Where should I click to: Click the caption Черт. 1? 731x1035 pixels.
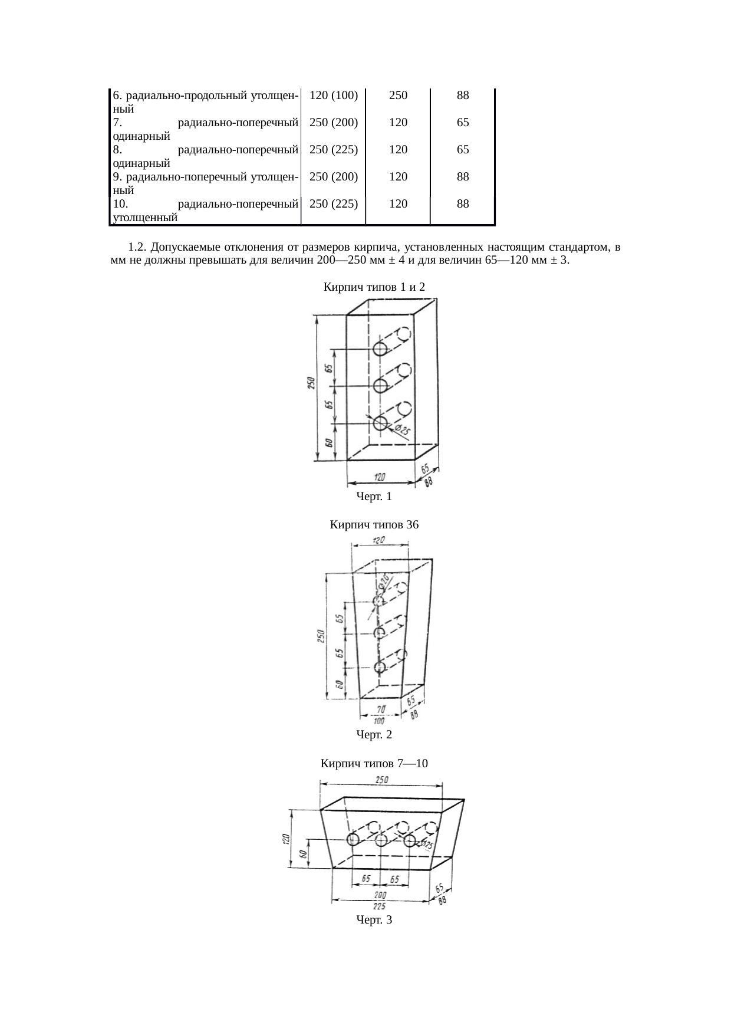tap(374, 497)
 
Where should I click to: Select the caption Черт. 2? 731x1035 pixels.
tap(374, 735)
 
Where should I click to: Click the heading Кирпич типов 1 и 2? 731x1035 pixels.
tap(374, 287)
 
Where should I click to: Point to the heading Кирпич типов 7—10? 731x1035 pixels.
tap(374, 764)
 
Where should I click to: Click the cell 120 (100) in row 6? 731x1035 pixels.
tap(334, 95)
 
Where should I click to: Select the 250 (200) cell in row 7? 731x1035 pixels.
tap(334, 123)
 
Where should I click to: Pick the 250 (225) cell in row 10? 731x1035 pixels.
tap(334, 204)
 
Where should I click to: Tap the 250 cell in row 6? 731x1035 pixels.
tap(399, 95)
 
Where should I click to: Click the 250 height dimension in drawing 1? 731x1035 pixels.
tap(311, 383)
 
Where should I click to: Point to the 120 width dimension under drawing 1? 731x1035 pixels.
tap(381, 475)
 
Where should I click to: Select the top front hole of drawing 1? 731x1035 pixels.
tap(381, 349)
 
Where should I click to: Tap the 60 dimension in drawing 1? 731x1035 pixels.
tap(329, 443)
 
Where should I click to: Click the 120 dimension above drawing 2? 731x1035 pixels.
tap(380, 540)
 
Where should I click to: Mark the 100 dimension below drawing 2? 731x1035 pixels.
tap(378, 721)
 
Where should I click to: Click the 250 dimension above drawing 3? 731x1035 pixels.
tap(382, 780)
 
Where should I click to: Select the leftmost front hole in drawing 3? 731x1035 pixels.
tap(353, 840)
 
